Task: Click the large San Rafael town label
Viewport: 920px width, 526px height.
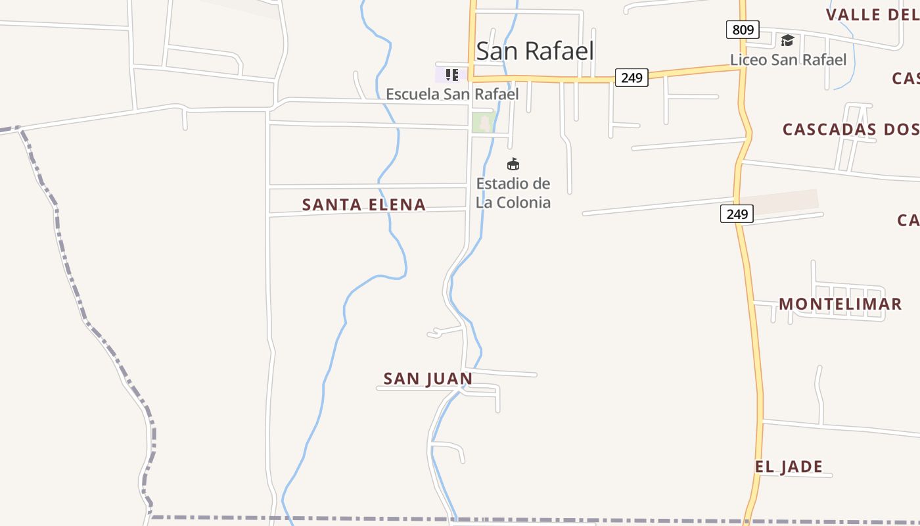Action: tap(535, 51)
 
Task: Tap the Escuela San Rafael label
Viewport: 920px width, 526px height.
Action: tap(452, 94)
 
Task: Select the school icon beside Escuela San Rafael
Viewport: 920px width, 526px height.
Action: tap(451, 74)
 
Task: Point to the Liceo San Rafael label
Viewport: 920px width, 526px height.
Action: tap(788, 60)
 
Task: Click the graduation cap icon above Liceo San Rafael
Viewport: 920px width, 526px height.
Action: tap(787, 41)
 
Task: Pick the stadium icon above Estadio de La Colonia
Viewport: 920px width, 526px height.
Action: tap(513, 164)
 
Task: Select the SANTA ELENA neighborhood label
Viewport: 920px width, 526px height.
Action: tap(363, 205)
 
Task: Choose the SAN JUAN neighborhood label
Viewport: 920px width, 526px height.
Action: tap(428, 379)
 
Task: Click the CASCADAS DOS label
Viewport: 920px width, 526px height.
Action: tap(850, 130)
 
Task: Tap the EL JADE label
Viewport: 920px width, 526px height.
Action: tap(789, 467)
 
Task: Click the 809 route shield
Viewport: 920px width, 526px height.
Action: tap(743, 30)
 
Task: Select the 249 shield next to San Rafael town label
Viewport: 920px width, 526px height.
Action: tap(632, 78)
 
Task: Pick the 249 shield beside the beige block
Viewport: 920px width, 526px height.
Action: tap(737, 214)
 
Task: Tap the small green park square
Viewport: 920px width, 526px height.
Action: tap(484, 122)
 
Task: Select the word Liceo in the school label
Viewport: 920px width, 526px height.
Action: tap(748, 60)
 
